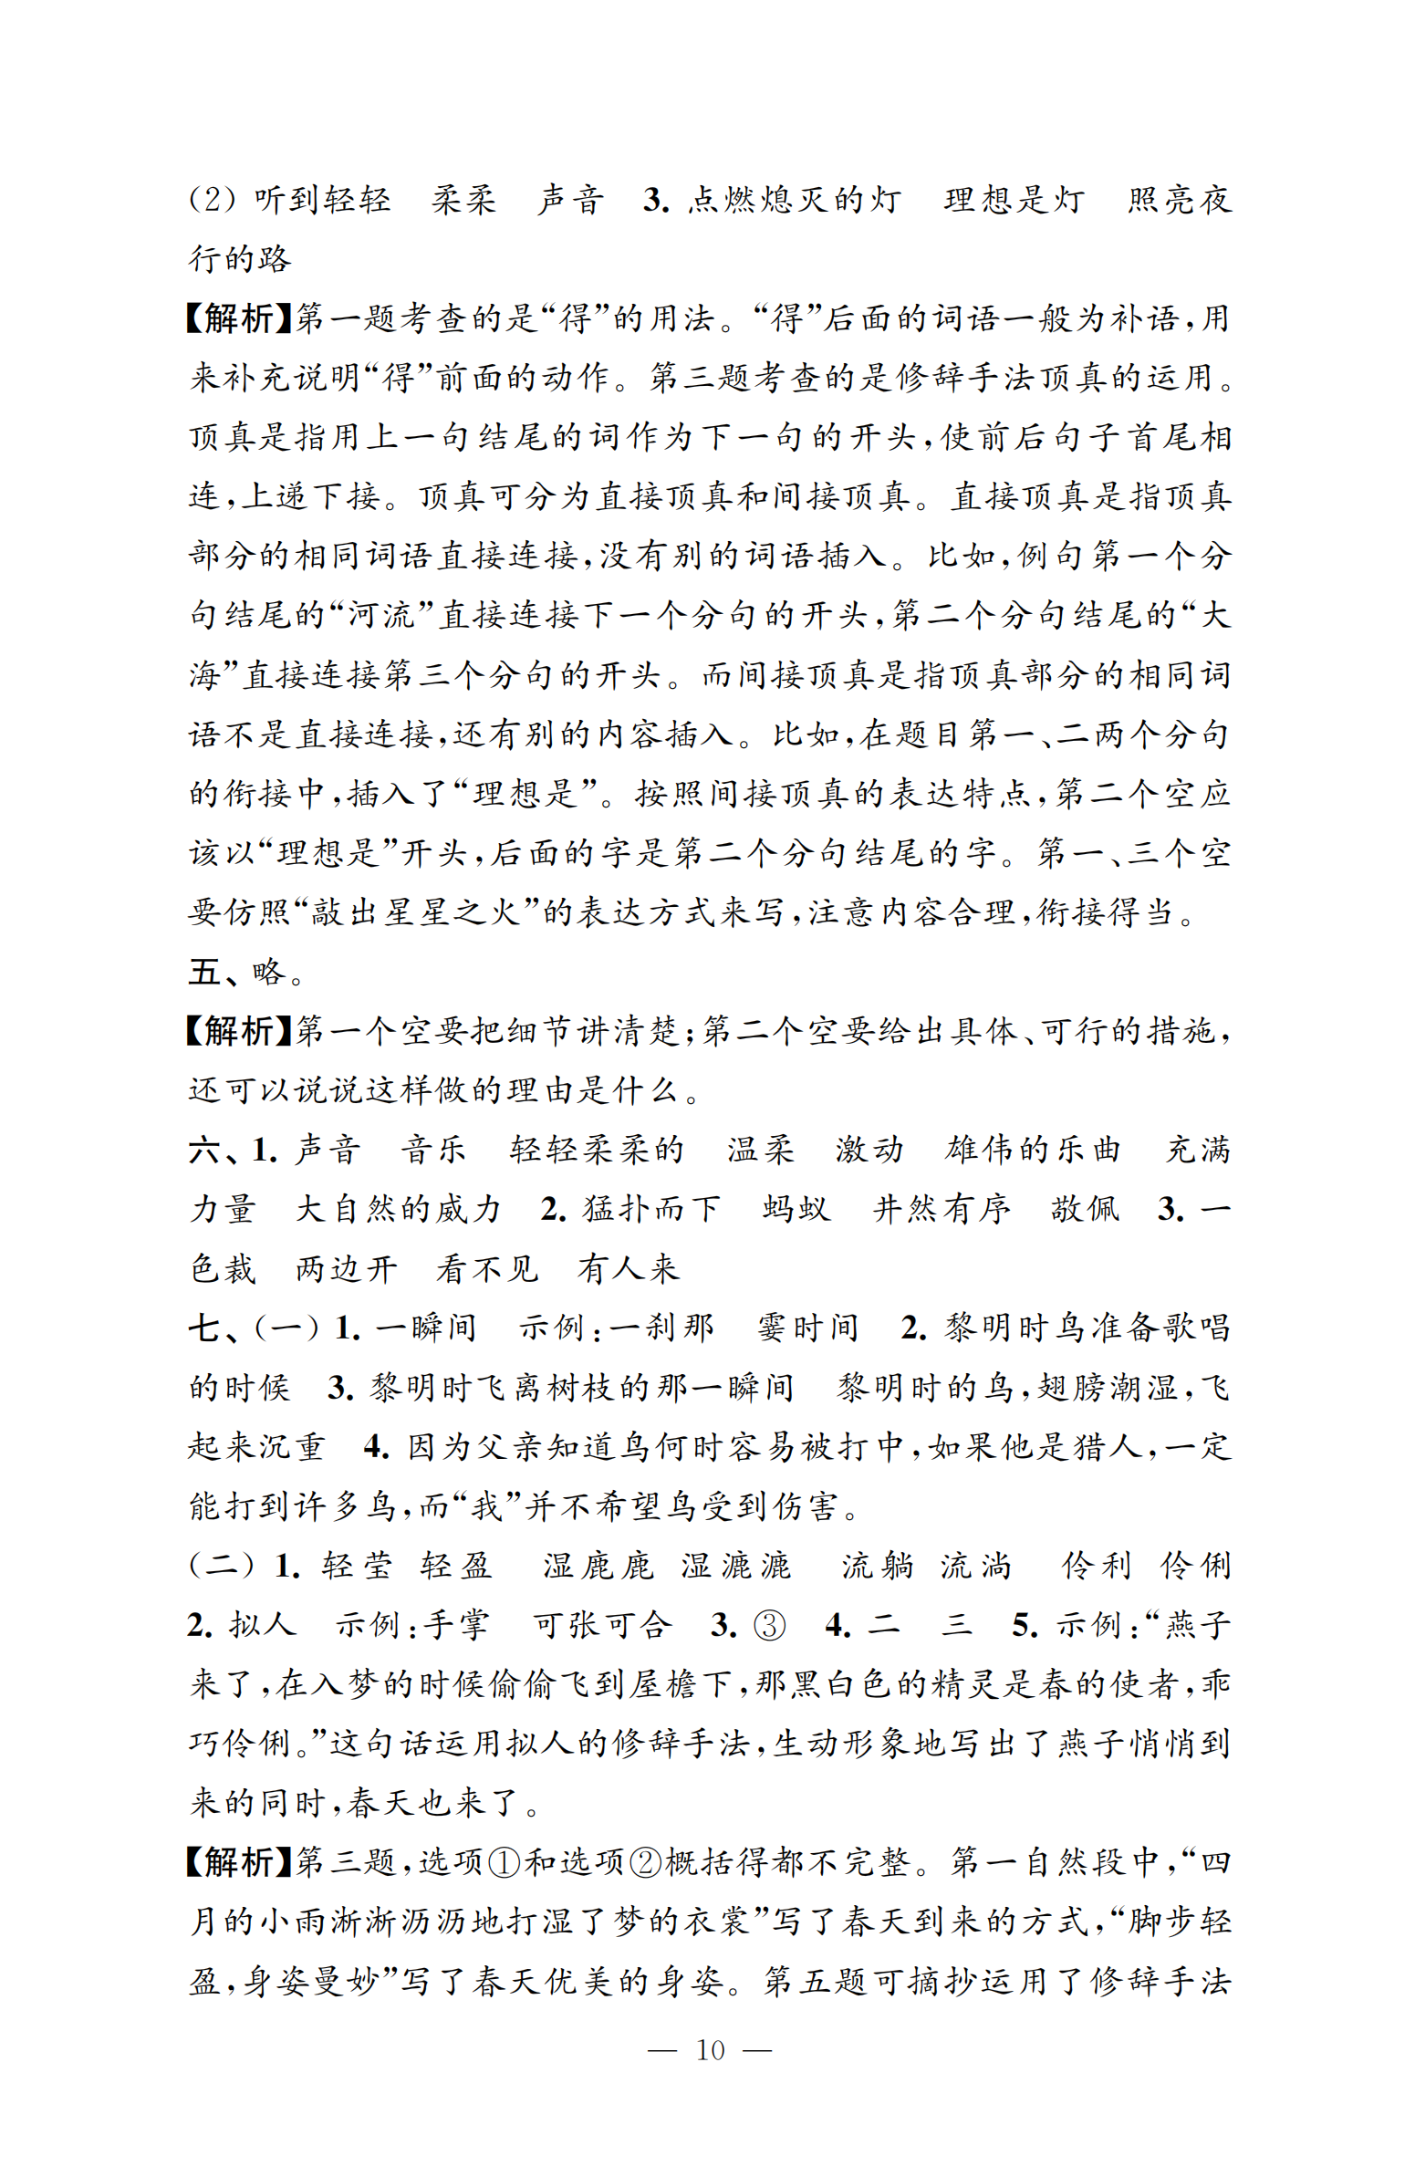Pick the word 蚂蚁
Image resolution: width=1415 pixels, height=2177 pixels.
click(x=796, y=1209)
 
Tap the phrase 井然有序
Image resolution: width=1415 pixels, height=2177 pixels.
click(x=942, y=1209)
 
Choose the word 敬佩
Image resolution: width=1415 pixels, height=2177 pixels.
click(x=1085, y=1209)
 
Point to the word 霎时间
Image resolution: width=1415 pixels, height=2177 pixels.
click(x=806, y=1328)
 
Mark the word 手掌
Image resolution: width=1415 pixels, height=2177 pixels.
click(x=454, y=1625)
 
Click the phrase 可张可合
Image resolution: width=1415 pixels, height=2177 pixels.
click(x=602, y=1625)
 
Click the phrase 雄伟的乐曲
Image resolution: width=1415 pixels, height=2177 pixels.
click(x=1032, y=1150)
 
